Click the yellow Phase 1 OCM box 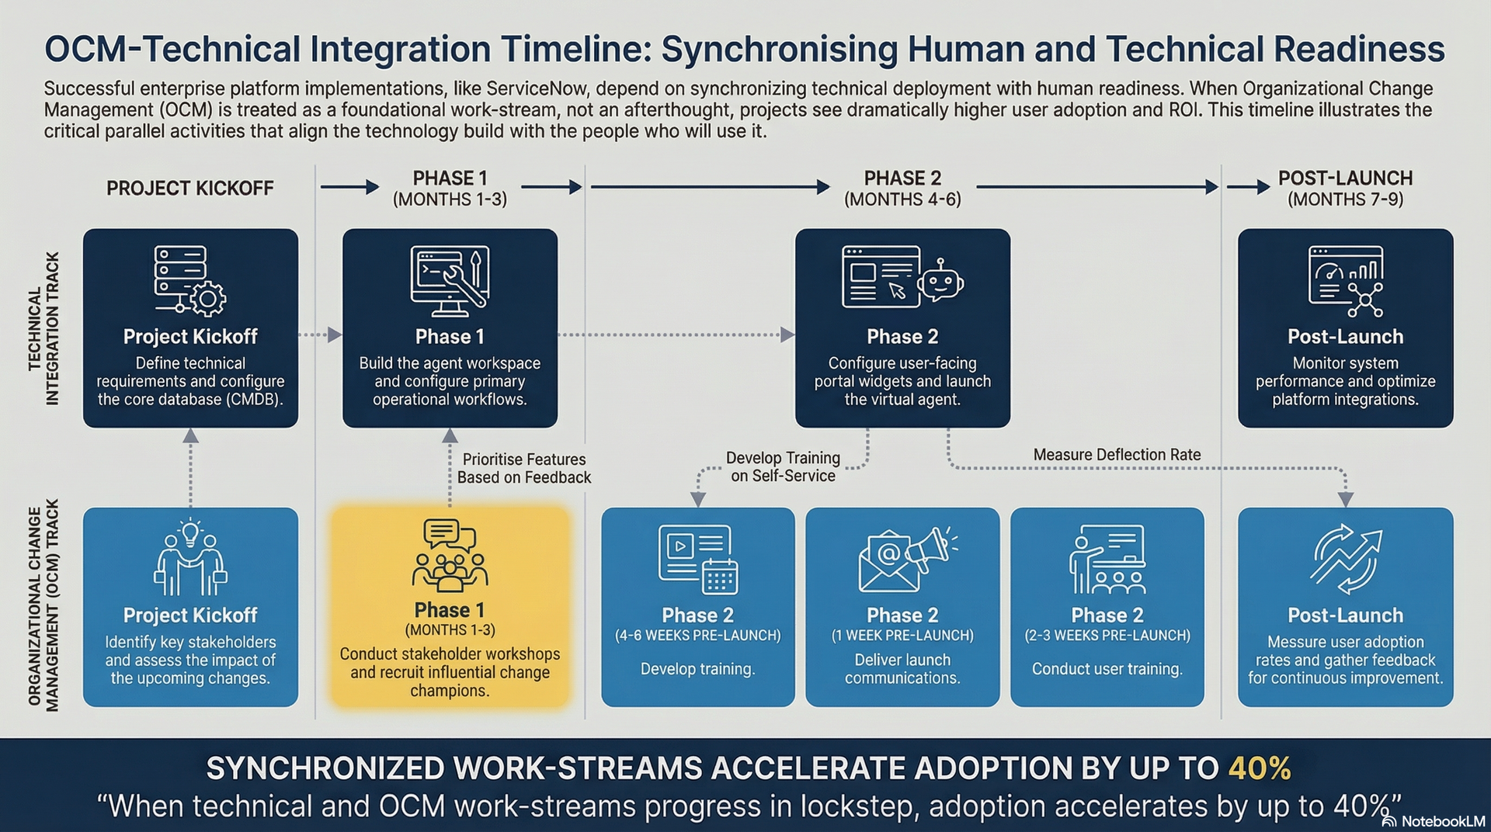click(x=450, y=607)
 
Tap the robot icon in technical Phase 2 click(x=940, y=281)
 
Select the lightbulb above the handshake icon click(x=190, y=532)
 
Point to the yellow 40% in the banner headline click(x=1259, y=768)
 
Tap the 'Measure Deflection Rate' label click(x=1116, y=455)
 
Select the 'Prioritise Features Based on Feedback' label click(x=524, y=469)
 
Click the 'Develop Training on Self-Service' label click(x=783, y=467)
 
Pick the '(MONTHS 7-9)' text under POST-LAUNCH click(x=1345, y=199)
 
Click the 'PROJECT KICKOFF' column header click(x=190, y=189)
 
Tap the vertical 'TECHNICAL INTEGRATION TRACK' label click(x=43, y=328)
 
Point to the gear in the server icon click(x=208, y=299)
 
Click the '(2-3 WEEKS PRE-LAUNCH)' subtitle click(x=1107, y=636)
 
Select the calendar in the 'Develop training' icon click(x=719, y=577)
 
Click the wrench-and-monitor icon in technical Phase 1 click(x=450, y=279)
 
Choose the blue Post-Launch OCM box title click(x=1345, y=615)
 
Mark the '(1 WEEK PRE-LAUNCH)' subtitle click(x=902, y=636)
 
